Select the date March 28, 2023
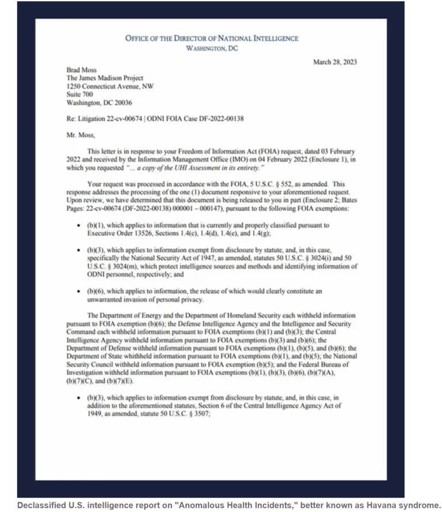pos(334,62)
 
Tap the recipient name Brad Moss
pos(82,70)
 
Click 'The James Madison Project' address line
pos(105,78)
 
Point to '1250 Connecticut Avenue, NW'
pos(110,86)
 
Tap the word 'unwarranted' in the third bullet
pos(107,300)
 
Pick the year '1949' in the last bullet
pos(97,414)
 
